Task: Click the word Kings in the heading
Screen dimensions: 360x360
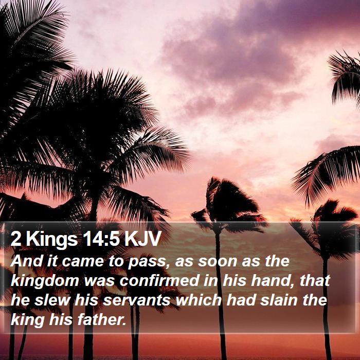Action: point(52,240)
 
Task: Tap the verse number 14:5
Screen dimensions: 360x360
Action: point(102,238)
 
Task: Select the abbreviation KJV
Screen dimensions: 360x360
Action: point(142,238)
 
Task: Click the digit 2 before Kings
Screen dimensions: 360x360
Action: point(16,238)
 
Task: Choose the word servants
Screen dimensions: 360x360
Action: point(136,300)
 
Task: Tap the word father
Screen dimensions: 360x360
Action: point(102,319)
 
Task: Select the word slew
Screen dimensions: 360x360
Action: point(52,300)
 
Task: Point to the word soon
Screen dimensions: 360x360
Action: point(217,261)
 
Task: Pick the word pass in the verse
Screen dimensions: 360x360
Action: point(147,262)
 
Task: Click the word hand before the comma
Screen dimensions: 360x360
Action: point(272,280)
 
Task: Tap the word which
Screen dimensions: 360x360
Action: point(199,300)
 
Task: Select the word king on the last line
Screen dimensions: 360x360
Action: point(28,320)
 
